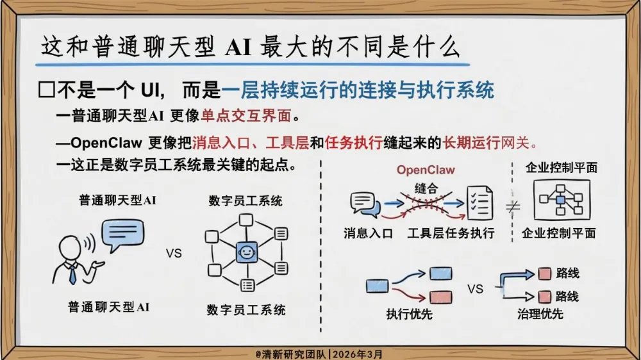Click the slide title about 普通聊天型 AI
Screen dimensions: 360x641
point(250,47)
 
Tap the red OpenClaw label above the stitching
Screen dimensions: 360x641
point(426,170)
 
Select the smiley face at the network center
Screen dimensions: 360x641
point(246,252)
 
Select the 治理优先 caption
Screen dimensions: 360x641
point(540,314)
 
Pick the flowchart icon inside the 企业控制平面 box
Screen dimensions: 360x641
point(561,199)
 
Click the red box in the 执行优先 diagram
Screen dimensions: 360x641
point(440,297)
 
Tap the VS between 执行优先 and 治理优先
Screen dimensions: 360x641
point(475,289)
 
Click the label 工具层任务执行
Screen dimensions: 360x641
point(451,233)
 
